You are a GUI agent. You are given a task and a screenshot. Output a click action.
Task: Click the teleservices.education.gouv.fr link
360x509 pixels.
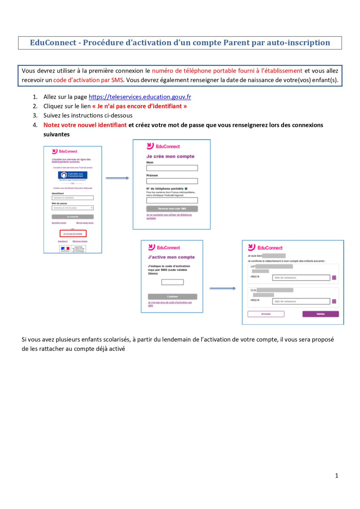pos(140,97)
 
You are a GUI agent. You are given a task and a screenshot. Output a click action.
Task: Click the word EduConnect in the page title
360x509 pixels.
pos(53,43)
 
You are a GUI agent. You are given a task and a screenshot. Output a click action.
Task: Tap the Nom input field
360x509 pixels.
pos(172,168)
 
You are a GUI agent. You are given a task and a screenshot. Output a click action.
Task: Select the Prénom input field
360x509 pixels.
pos(172,181)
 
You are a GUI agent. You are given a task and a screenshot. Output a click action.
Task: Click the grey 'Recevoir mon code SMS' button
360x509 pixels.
pos(172,209)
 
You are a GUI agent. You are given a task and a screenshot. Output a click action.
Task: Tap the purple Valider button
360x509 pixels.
pos(320,314)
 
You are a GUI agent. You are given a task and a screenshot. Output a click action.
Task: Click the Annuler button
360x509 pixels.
pos(266,314)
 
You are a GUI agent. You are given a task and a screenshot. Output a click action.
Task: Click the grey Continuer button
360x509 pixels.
pos(172,297)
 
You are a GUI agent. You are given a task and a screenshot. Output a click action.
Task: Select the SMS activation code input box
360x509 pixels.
pos(172,282)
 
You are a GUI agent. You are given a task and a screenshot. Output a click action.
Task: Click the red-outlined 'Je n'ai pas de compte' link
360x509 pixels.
pos(73,234)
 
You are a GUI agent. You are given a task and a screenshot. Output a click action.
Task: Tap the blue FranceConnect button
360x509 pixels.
pos(73,175)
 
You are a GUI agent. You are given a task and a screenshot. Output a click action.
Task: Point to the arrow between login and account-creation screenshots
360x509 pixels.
pos(117,178)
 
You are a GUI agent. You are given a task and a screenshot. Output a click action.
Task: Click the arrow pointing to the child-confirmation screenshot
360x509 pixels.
pos(223,288)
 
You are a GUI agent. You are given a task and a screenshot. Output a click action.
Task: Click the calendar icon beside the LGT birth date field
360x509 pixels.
pos(334,278)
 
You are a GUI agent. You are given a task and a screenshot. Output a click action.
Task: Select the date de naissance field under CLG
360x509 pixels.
pos(301,301)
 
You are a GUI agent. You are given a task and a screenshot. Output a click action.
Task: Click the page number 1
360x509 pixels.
pos(336,476)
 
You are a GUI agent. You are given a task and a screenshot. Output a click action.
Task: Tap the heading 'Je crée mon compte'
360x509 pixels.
pos(170,156)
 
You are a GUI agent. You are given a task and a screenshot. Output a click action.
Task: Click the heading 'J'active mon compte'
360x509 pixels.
pos(171,257)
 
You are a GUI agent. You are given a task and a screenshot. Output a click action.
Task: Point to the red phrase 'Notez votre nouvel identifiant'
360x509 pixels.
pos(85,125)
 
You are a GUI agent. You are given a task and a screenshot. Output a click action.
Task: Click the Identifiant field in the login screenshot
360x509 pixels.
pos(73,198)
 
